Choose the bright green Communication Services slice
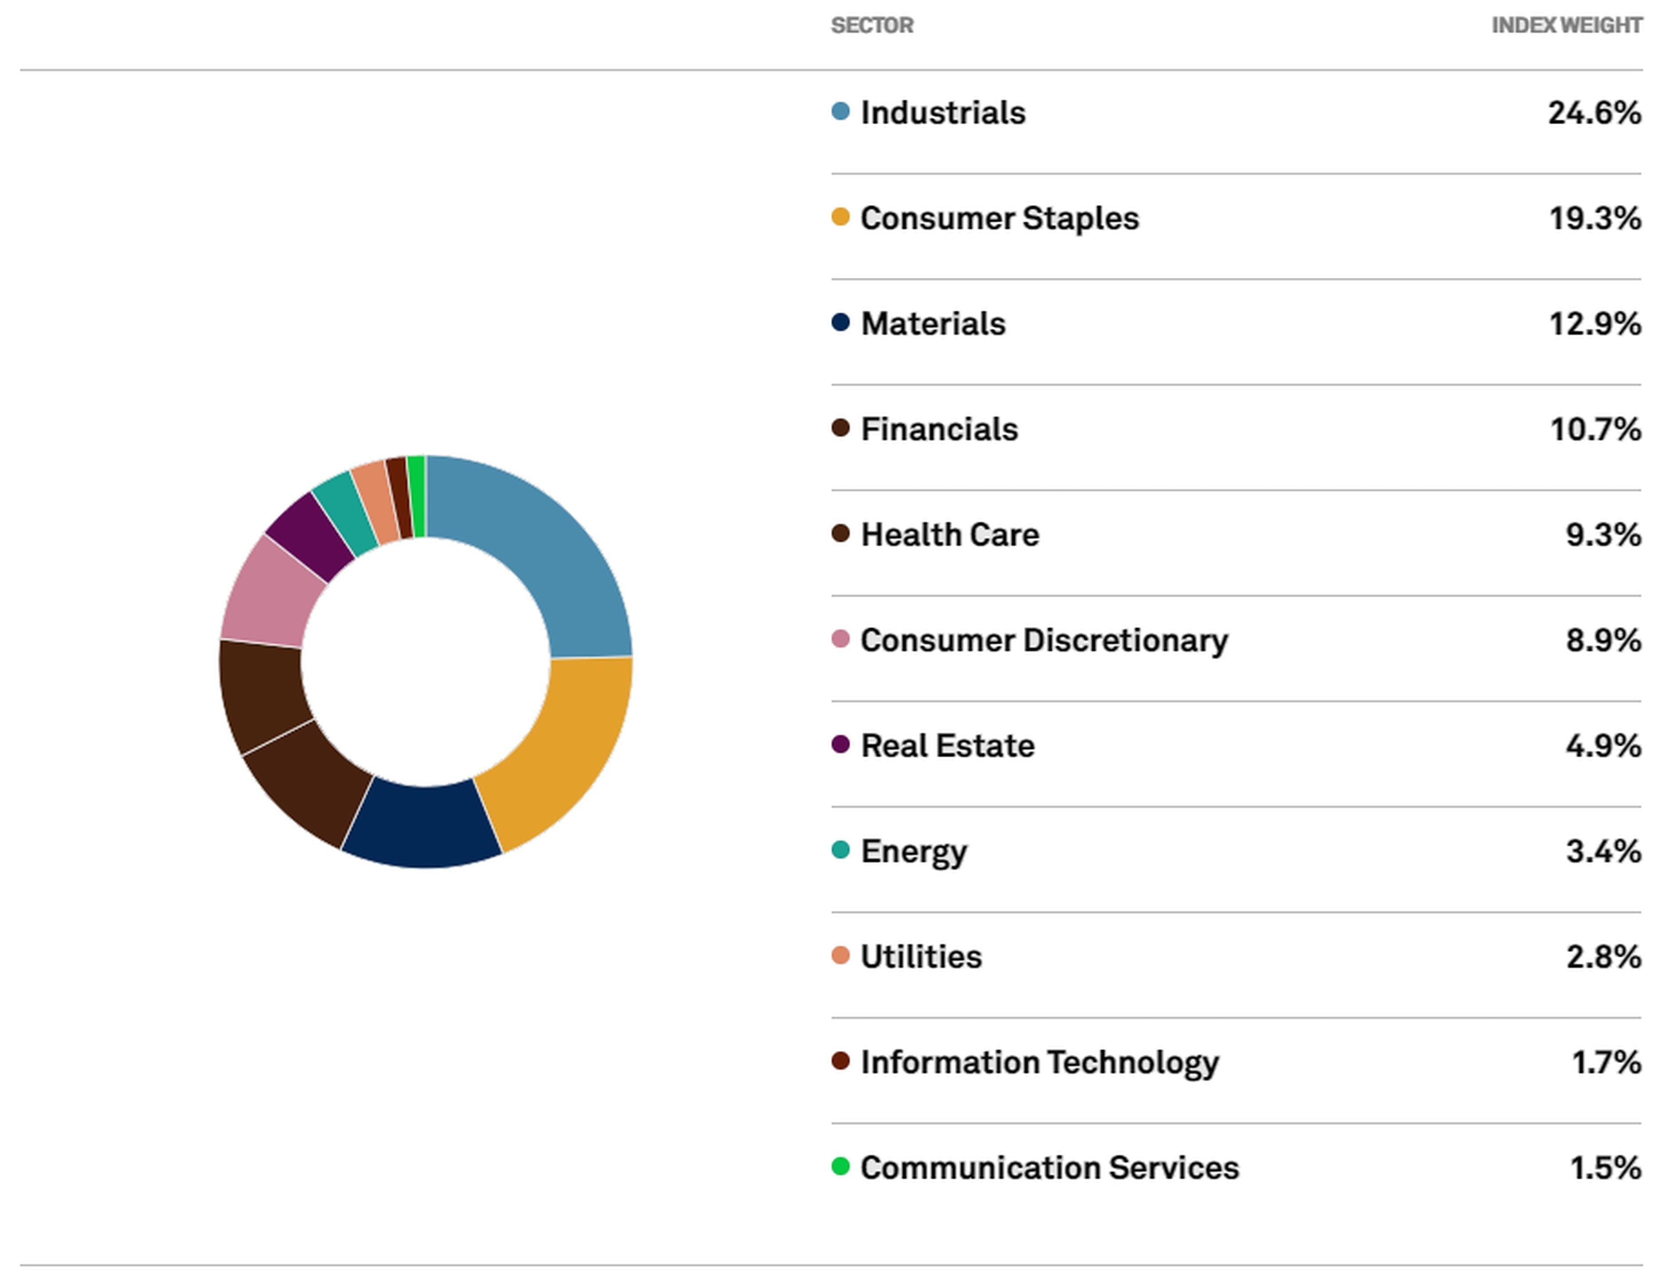coord(416,496)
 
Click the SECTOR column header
coord(871,26)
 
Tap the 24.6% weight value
coord(1594,113)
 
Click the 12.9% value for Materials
coord(1594,324)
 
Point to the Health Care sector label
coord(949,535)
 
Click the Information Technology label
coord(1039,1063)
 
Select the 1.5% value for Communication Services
coord(1605,1168)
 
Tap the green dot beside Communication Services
coord(840,1166)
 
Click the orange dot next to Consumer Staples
coord(840,217)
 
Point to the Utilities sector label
coord(921,957)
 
